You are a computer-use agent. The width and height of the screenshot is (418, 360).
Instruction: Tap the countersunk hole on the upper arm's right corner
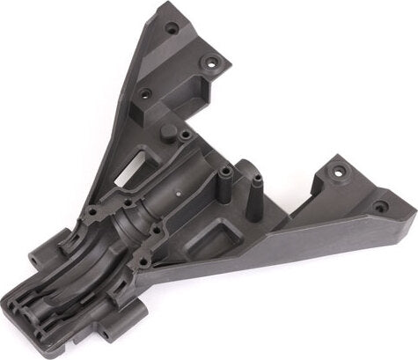[x=211, y=63]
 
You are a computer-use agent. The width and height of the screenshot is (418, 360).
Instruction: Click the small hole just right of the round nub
[x=186, y=135]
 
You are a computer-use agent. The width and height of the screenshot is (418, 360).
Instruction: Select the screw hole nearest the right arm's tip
[x=380, y=207]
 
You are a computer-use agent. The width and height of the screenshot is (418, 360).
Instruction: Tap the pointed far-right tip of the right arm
[x=411, y=211]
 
